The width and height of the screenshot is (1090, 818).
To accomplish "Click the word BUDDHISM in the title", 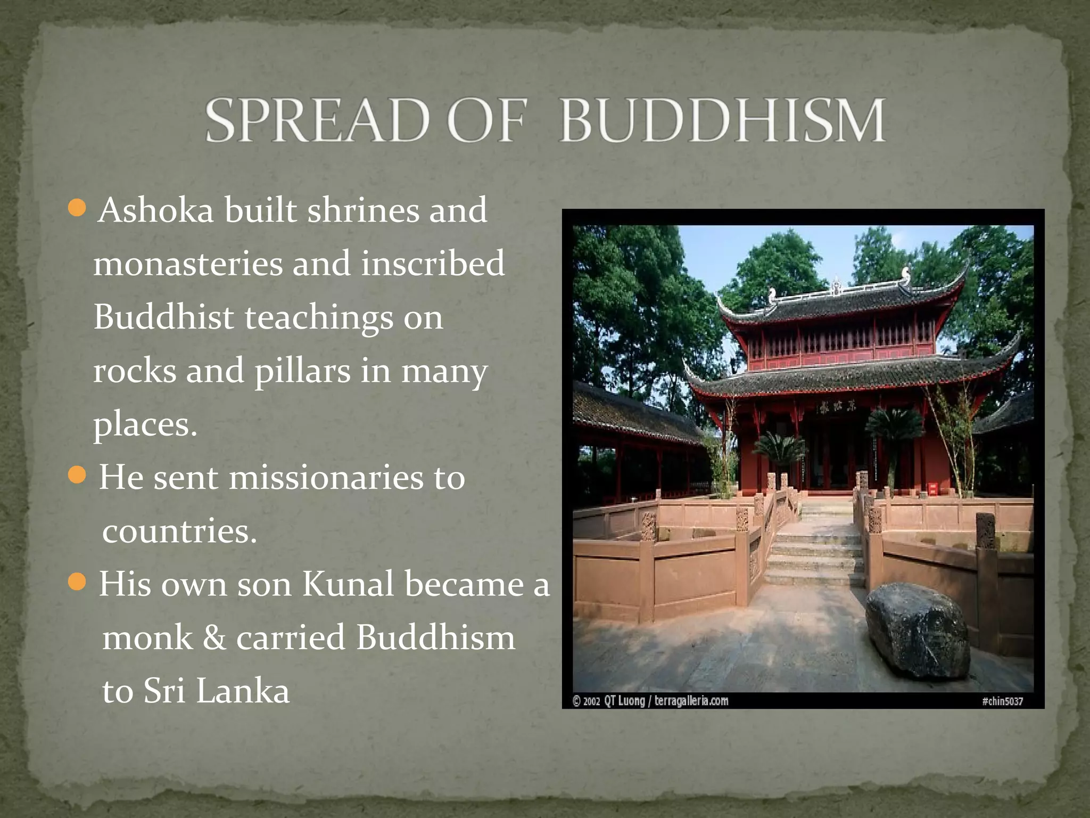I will tap(722, 120).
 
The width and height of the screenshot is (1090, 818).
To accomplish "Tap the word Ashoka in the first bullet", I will tap(156, 210).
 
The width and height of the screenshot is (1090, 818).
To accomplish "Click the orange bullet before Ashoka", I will tap(78, 208).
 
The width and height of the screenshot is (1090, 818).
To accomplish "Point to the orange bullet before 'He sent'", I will tap(78, 475).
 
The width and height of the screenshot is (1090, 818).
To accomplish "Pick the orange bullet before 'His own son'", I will tap(78, 582).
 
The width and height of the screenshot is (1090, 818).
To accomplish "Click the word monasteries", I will tap(188, 264).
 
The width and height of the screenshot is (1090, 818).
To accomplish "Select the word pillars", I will tap(302, 371).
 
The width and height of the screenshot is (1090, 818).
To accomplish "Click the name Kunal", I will tap(348, 584).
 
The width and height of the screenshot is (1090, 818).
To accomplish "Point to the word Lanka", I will tap(243, 691).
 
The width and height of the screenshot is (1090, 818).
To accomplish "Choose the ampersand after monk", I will tap(214, 638).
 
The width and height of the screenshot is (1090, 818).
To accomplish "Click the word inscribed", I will tap(433, 264).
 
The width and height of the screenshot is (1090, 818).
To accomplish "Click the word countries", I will tap(179, 531).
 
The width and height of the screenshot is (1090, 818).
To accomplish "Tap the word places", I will tap(145, 426).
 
